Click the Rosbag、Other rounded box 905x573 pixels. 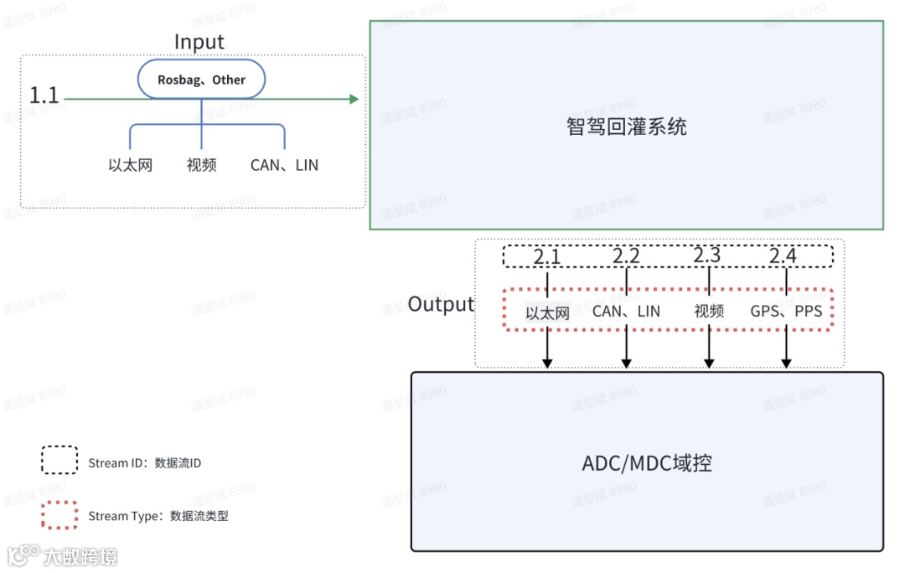201,80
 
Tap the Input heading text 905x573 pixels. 199,42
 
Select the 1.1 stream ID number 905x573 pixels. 44,95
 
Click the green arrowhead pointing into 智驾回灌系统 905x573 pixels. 354,99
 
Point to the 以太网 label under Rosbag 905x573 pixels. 131,165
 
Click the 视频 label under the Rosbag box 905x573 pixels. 201,165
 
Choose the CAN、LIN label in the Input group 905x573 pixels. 284,165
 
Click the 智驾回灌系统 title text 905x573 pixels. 627,126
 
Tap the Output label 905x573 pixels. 441,304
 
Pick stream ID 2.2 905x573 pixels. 626,256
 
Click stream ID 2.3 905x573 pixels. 708,256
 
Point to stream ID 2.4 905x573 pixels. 783,256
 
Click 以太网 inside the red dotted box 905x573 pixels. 547,313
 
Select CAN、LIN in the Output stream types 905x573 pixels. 626,312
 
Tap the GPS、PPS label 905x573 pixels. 786,312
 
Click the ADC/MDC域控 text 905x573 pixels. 647,463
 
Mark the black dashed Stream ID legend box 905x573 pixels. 59,461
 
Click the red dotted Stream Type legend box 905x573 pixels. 59,515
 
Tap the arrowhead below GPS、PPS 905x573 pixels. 786,363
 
